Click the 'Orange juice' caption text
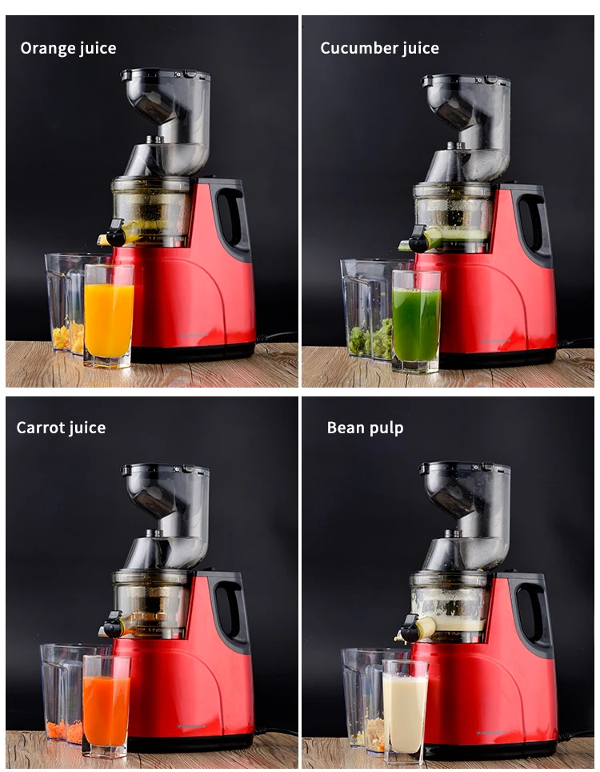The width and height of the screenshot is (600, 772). pos(68,48)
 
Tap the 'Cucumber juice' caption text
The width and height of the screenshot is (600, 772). pos(380,48)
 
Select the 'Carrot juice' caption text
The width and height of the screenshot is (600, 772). pos(61,428)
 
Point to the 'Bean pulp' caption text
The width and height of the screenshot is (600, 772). pos(366,428)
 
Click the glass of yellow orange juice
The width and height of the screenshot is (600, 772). pos(109,316)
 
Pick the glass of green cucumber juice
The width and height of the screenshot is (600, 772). pos(416,321)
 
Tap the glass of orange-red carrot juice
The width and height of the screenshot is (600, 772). pos(106,706)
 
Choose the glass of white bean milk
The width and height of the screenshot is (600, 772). pos(405,711)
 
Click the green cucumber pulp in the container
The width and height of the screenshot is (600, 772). pos(371,339)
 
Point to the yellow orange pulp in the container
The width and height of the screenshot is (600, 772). pos(68,337)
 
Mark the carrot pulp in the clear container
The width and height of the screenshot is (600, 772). pos(65,731)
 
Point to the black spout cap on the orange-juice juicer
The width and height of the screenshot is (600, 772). pos(115,234)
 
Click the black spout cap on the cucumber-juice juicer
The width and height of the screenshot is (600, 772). pos(418,239)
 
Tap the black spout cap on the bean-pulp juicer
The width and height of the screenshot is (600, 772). pos(410,629)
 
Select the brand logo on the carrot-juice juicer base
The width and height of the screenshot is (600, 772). pos(192,726)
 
